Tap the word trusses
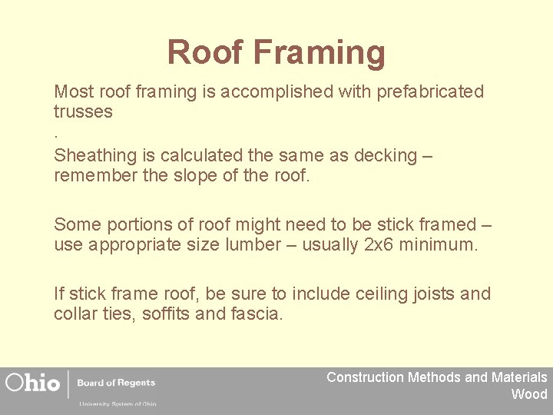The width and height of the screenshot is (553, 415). pyautogui.click(x=83, y=112)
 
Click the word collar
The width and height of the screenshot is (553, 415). pyautogui.click(x=75, y=314)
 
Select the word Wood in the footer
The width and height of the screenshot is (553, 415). pyautogui.click(x=529, y=394)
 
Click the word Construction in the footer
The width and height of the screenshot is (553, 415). pyautogui.click(x=365, y=377)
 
